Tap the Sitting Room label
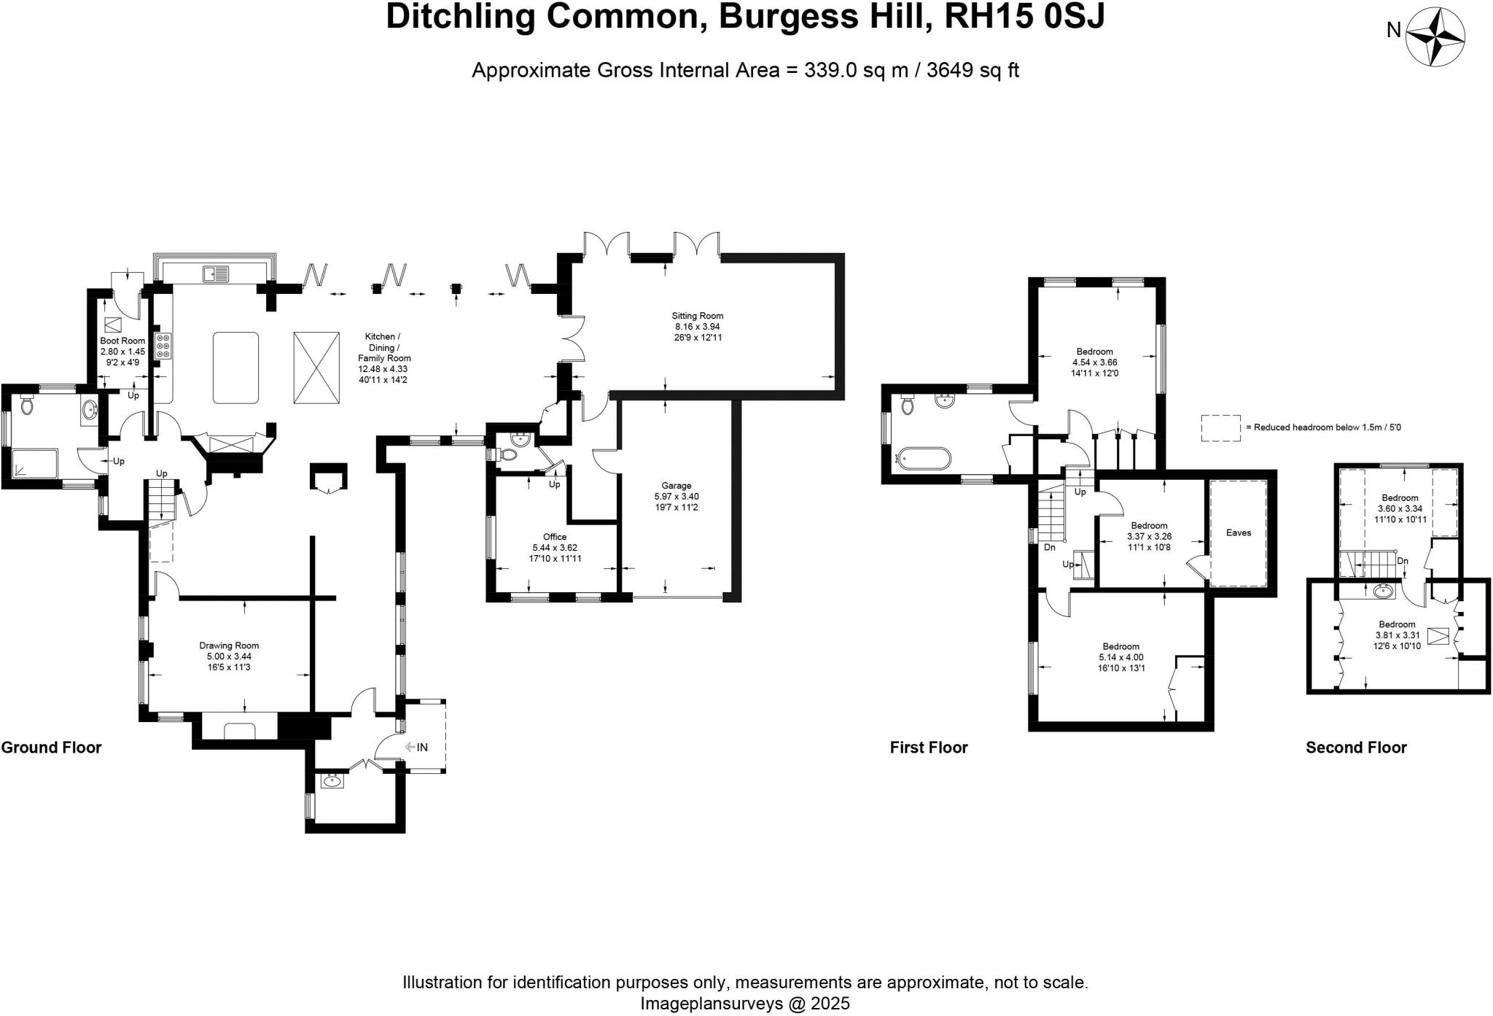click(697, 316)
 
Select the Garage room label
click(676, 485)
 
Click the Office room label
click(554, 537)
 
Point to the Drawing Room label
click(229, 645)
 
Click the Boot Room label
click(122, 341)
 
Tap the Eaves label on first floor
click(1238, 532)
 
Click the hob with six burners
click(163, 346)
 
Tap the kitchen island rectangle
click(235, 368)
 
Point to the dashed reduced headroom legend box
click(1220, 428)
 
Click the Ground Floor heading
click(51, 748)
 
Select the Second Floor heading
click(1356, 748)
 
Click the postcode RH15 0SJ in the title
click(1024, 16)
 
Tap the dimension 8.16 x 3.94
click(698, 327)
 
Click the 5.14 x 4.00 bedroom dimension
click(1120, 657)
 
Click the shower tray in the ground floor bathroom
click(35, 463)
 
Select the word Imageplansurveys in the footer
click(704, 1004)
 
